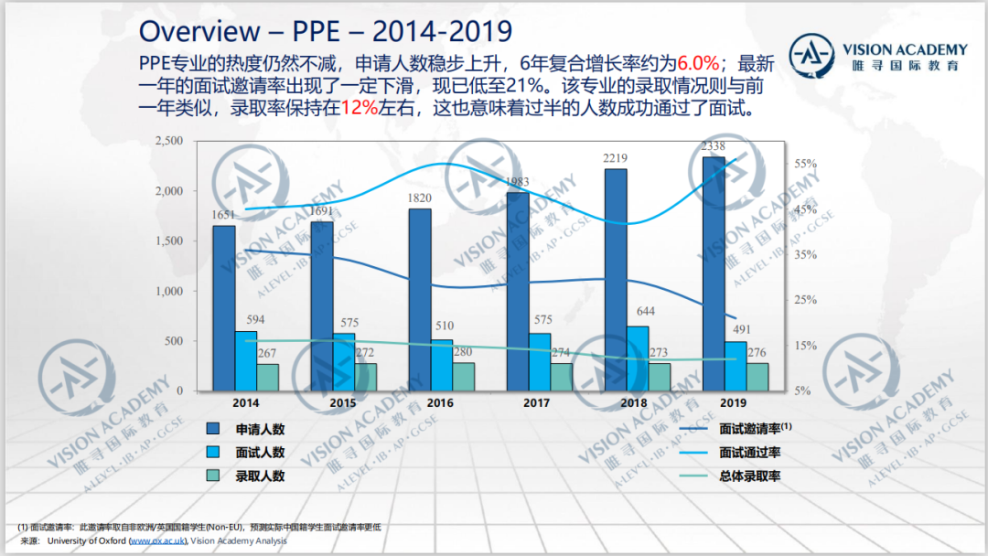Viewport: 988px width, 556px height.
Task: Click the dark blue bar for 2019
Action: pyautogui.click(x=713, y=274)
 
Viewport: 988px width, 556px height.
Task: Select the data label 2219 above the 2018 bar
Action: pyautogui.click(x=615, y=158)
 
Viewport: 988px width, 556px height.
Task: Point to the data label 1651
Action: pyautogui.click(x=224, y=215)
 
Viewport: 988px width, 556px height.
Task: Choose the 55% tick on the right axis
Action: pyautogui.click(x=805, y=164)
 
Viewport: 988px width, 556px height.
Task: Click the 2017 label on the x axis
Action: pyautogui.click(x=536, y=402)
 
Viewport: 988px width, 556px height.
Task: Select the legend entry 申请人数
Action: pyautogui.click(x=260, y=429)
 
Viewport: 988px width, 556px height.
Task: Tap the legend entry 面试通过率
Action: pyautogui.click(x=749, y=452)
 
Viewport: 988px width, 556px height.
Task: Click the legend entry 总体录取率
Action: pyautogui.click(x=749, y=476)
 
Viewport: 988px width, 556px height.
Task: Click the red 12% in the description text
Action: pyautogui.click(x=359, y=108)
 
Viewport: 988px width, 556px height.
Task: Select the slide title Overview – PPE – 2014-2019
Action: pyautogui.click(x=325, y=31)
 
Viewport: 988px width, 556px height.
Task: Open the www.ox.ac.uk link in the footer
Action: pyautogui.click(x=157, y=541)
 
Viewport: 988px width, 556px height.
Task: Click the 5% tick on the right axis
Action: pyautogui.click(x=802, y=390)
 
